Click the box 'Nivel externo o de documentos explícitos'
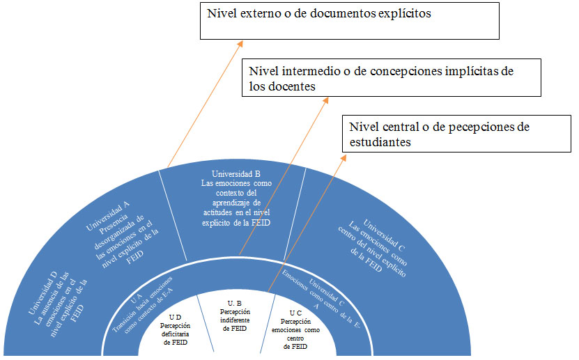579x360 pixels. (x=350, y=20)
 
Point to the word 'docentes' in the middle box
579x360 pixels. (x=293, y=87)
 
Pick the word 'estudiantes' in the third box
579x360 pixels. (x=380, y=141)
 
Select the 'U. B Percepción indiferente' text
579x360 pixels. (x=234, y=315)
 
